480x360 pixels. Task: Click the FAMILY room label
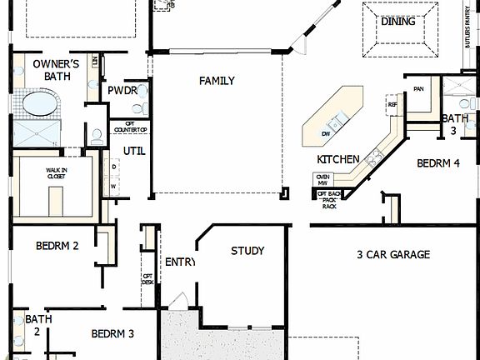click(x=216, y=81)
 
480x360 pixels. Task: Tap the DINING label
click(x=397, y=22)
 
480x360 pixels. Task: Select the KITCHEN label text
click(x=337, y=159)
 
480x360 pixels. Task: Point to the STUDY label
click(x=247, y=250)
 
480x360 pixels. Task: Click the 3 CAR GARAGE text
click(x=393, y=254)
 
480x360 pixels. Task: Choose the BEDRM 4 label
click(x=437, y=162)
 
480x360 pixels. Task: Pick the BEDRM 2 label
click(x=57, y=246)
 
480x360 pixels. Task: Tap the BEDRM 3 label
click(x=112, y=333)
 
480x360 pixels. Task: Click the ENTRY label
click(x=179, y=262)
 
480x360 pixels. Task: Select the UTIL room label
click(x=134, y=151)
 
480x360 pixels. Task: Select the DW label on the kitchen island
click(x=326, y=133)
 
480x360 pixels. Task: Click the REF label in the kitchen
click(x=391, y=105)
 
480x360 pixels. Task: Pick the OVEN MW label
click(x=322, y=179)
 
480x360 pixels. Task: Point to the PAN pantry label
click(x=418, y=87)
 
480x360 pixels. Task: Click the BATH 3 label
click(x=455, y=124)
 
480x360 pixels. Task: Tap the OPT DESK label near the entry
click(x=147, y=279)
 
